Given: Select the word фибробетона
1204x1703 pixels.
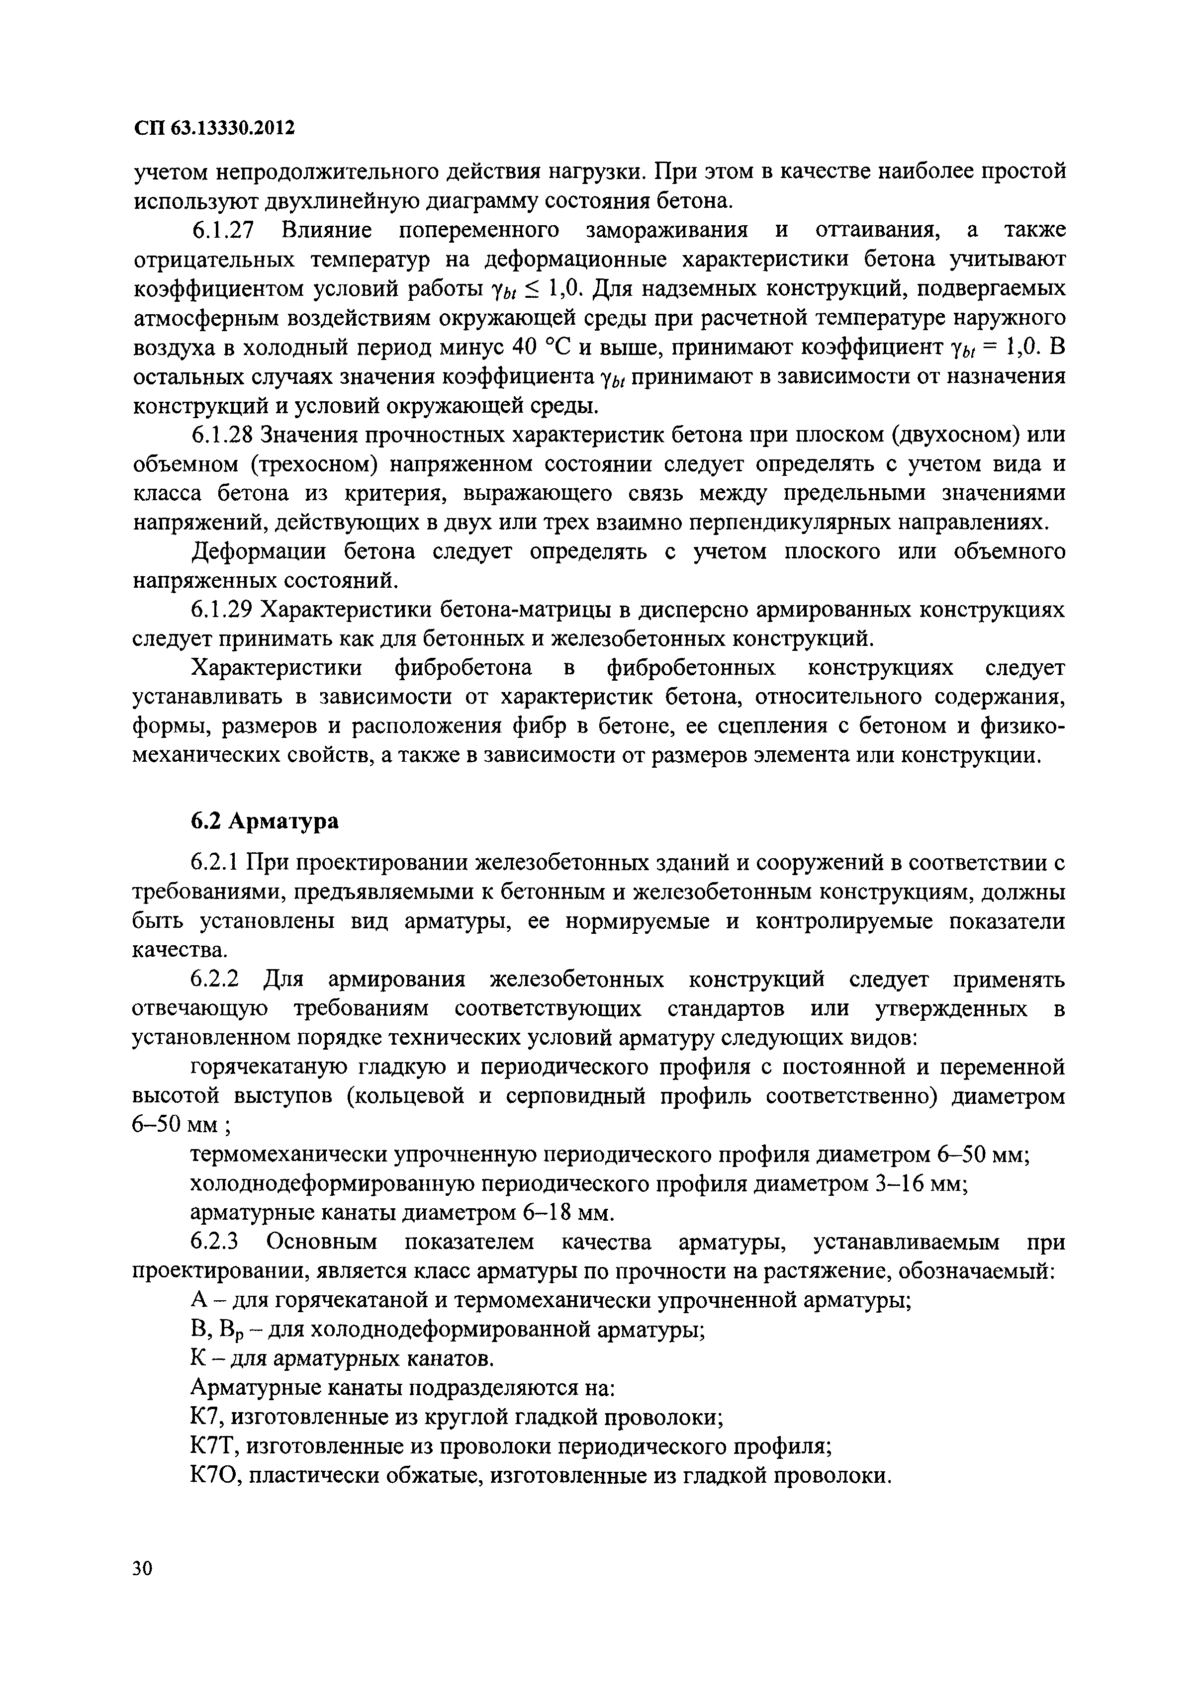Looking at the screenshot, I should click(463, 668).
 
